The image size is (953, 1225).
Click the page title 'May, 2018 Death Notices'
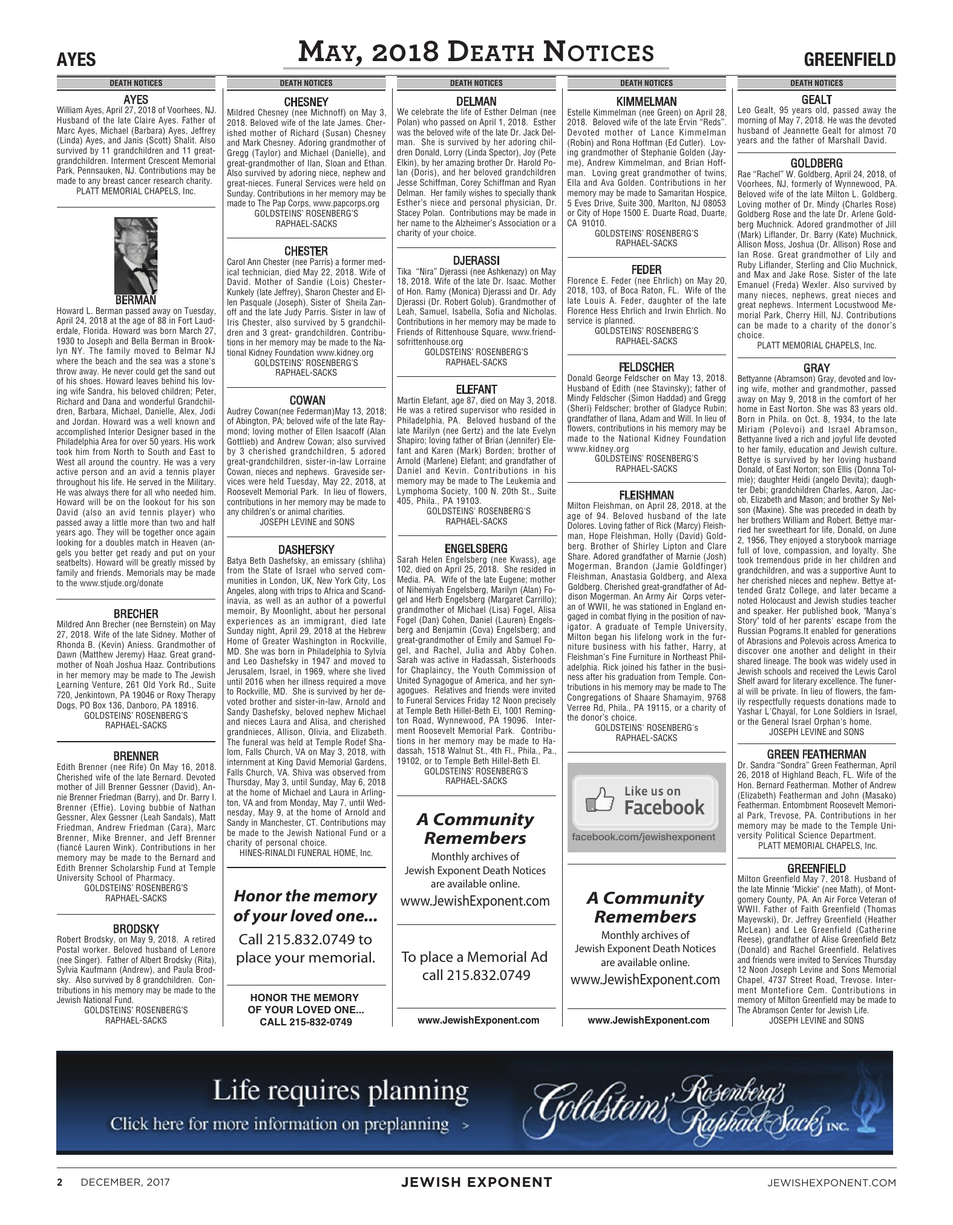pos(476,53)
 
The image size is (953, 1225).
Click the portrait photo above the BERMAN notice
pos(136,256)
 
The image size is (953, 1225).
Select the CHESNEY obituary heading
pos(306,102)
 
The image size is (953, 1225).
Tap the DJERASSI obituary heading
pos(476,261)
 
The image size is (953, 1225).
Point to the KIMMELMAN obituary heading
pos(646,102)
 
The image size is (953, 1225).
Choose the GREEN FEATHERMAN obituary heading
pos(816,754)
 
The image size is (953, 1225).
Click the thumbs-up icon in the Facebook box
pos(600,800)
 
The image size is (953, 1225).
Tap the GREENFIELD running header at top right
pos(850,60)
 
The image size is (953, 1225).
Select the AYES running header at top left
pos(76,60)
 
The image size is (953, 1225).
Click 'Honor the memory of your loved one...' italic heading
pos(306,906)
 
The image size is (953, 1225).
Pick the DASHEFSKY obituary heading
pos(306,550)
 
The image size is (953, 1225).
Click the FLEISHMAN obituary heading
pos(646,495)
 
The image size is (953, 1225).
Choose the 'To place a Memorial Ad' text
pos(475,957)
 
